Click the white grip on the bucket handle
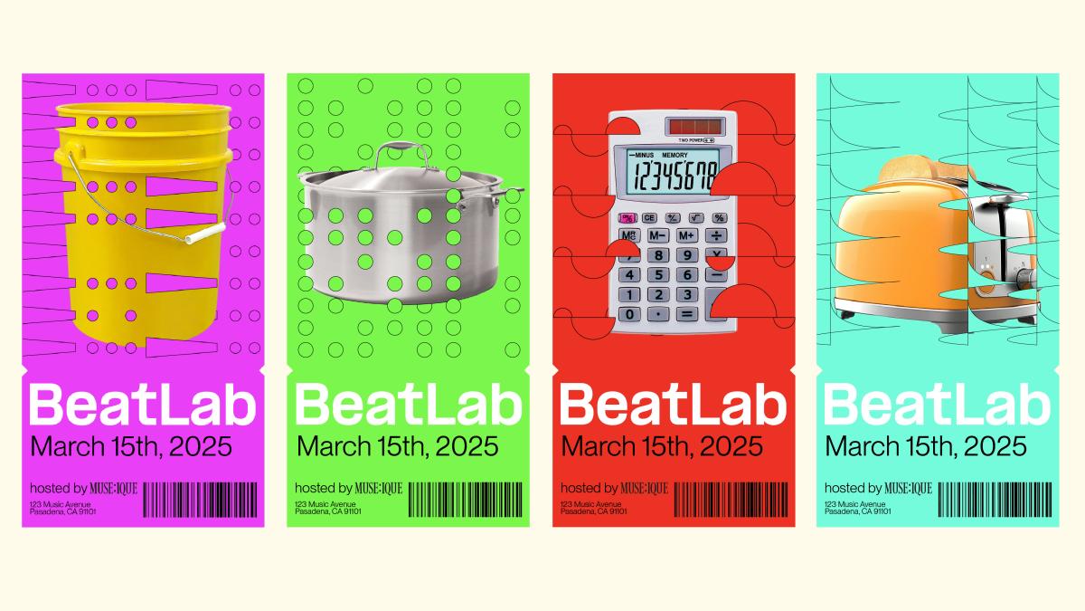pos(205,233)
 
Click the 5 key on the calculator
pos(658,275)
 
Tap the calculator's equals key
pos(687,314)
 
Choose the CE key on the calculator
pos(649,218)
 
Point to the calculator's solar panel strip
pos(695,127)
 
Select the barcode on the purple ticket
pos(200,500)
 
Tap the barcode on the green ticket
pos(466,500)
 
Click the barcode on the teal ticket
pos(995,500)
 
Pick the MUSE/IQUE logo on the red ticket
pos(644,488)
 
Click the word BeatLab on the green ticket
pos(409,405)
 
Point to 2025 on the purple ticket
pos(201,446)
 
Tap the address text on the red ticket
pos(593,508)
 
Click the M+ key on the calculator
pos(687,235)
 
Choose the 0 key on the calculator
pos(629,314)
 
